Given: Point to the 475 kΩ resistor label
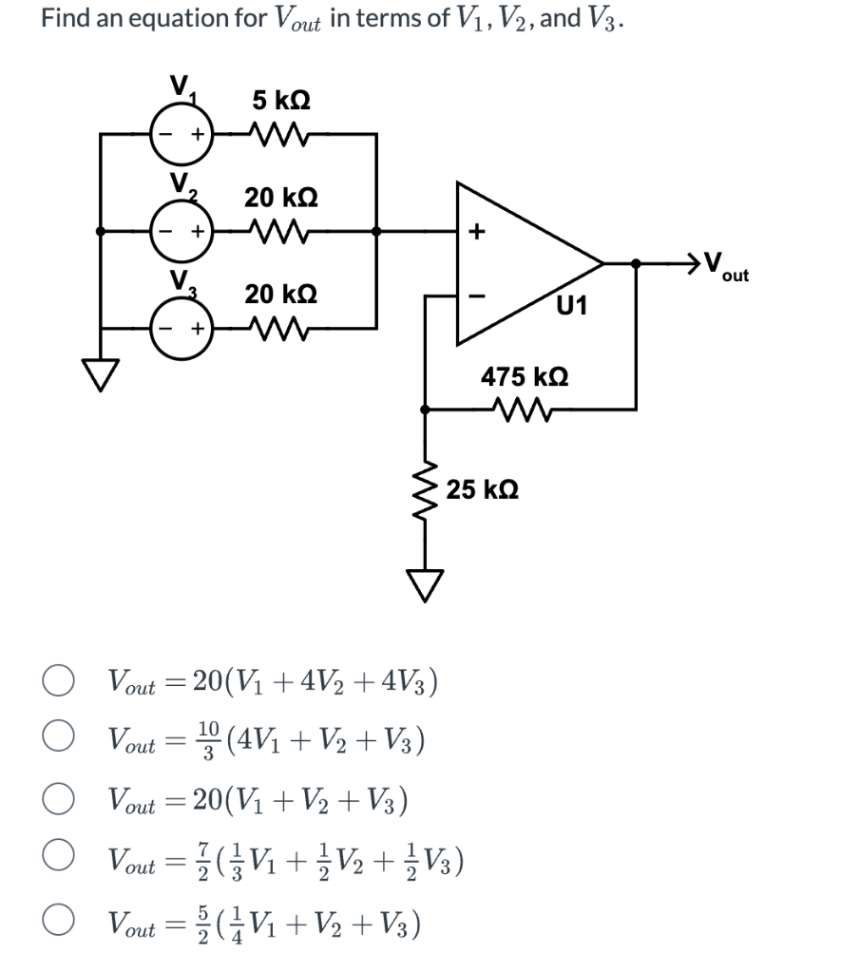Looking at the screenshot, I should (525, 376).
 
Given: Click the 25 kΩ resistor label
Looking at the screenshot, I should (482, 490).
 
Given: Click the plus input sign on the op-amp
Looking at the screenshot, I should (477, 230).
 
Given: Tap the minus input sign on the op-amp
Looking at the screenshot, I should (477, 296).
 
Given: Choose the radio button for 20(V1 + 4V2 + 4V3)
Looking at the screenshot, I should (58, 682).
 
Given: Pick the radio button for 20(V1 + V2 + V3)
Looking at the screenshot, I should (58, 801).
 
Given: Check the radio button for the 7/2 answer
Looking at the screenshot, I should (58, 861).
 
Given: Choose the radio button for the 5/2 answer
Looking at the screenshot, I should (58, 922).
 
